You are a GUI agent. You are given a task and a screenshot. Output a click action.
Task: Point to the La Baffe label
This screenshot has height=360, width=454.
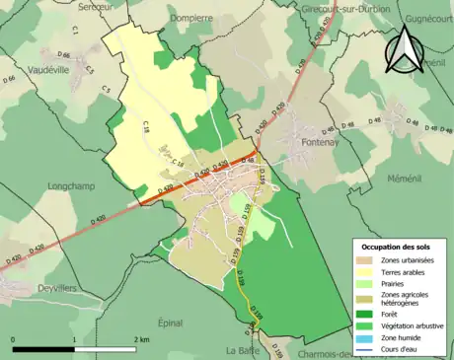coord(242,349)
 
